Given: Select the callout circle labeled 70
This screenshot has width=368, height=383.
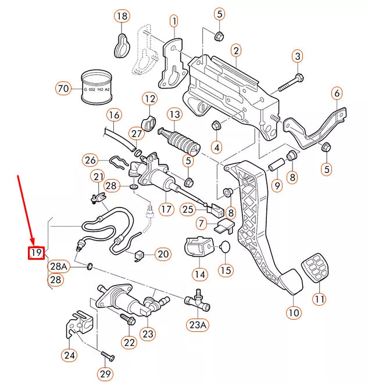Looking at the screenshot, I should click(63, 89).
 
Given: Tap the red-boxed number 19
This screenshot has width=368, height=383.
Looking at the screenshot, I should click(37, 253).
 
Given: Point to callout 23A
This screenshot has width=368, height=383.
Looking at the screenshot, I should click(197, 325).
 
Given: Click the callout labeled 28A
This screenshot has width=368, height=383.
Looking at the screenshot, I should click(59, 266).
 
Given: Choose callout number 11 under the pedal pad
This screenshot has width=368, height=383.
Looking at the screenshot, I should click(319, 299).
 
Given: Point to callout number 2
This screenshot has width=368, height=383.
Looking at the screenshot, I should click(236, 51).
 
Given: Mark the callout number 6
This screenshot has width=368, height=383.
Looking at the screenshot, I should click(337, 93).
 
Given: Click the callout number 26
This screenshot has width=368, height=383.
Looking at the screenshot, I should click(90, 160).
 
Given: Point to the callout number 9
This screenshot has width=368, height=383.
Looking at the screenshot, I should click(277, 186).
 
